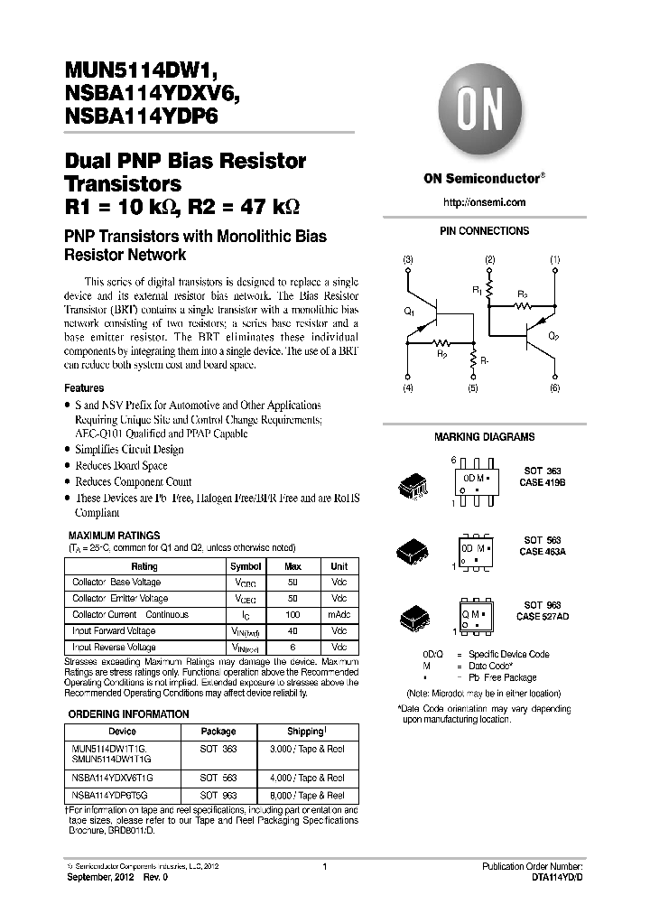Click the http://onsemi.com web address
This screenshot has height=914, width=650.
pyautogui.click(x=485, y=202)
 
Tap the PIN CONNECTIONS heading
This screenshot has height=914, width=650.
pyautogui.click(x=484, y=231)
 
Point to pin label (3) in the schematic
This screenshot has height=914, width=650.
pyautogui.click(x=408, y=260)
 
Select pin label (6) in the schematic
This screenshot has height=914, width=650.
pyautogui.click(x=554, y=387)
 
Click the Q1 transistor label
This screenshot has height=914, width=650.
pyautogui.click(x=408, y=312)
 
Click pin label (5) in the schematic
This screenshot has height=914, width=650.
pyautogui.click(x=472, y=387)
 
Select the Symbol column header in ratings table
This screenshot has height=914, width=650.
pyautogui.click(x=246, y=566)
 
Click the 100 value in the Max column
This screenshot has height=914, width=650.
pyautogui.click(x=293, y=615)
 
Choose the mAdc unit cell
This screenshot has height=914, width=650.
pyautogui.click(x=339, y=615)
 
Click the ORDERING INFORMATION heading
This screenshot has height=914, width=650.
pyautogui.click(x=129, y=713)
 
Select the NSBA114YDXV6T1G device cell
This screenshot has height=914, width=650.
pyautogui.click(x=113, y=778)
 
